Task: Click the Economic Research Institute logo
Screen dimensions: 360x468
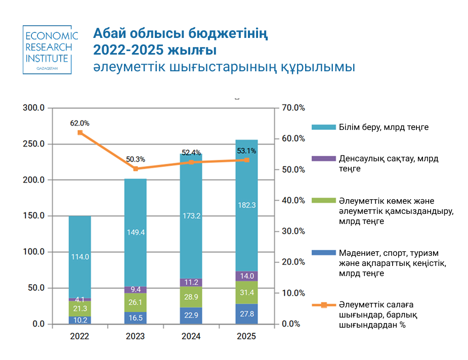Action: click(51, 49)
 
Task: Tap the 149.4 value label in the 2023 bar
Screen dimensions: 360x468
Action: click(136, 232)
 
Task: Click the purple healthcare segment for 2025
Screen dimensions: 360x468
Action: click(246, 276)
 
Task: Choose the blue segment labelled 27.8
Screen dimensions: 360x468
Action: click(246, 314)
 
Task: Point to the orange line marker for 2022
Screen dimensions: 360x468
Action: click(80, 132)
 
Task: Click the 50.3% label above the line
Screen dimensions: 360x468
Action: click(135, 158)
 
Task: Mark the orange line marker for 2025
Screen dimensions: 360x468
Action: click(246, 160)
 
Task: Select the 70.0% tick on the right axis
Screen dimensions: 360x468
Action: click(293, 108)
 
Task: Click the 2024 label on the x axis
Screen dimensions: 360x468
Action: click(191, 337)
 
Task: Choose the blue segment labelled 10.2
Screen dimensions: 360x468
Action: click(80, 320)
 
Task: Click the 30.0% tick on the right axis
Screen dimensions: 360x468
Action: click(293, 231)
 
